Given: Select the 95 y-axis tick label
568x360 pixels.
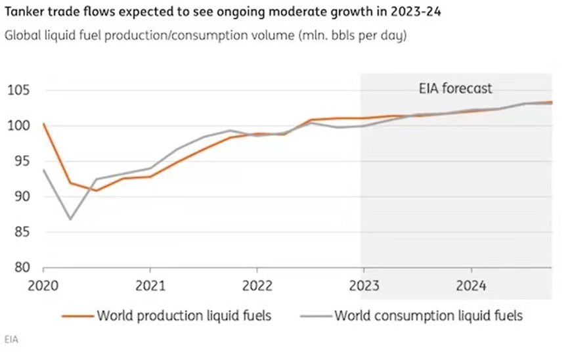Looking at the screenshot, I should click(x=20, y=161).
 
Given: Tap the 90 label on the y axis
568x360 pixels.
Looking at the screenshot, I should click(x=20, y=196).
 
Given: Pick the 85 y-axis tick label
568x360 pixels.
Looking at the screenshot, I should click(x=20, y=232).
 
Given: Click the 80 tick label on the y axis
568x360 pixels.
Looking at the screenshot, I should click(x=20, y=267).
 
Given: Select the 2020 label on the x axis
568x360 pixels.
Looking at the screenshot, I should click(x=43, y=287).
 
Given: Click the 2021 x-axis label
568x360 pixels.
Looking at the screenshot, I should click(x=150, y=287).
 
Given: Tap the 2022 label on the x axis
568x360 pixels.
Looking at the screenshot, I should click(x=257, y=287).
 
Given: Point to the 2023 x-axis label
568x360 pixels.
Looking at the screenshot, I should click(x=364, y=287).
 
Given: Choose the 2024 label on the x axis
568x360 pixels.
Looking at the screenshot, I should click(x=471, y=287).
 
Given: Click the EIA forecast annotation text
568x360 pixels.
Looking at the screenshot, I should click(x=455, y=89).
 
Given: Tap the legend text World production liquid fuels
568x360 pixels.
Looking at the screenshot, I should click(x=184, y=316).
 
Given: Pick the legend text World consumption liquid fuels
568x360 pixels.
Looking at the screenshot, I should click(x=429, y=316).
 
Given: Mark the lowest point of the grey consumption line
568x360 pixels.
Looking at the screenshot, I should click(x=70, y=219).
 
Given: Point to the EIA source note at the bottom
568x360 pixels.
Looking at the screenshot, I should click(x=11, y=340).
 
